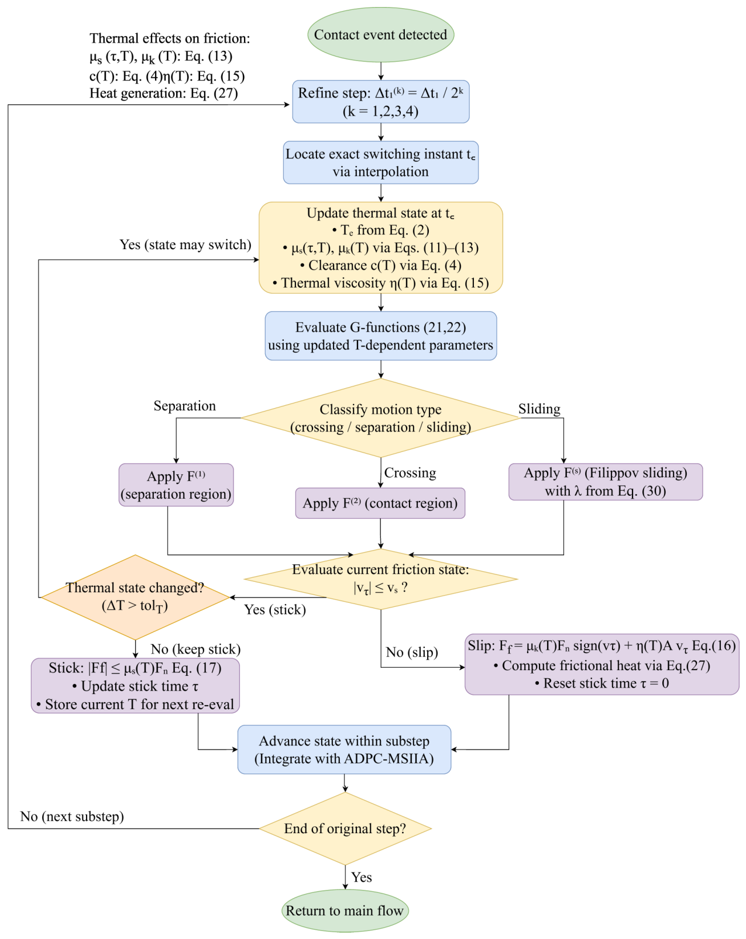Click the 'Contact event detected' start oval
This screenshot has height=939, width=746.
[380, 34]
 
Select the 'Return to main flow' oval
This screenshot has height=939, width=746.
[345, 910]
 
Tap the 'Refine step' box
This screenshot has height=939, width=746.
[381, 102]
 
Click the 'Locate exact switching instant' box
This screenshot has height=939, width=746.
[381, 163]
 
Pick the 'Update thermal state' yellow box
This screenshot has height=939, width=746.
[381, 247]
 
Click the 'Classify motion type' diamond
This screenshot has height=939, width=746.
[381, 418]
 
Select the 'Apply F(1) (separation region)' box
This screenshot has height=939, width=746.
[176, 485]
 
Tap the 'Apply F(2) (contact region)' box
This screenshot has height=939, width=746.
[380, 503]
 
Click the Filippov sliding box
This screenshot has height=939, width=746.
[606, 482]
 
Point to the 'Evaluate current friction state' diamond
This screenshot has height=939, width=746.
[381, 579]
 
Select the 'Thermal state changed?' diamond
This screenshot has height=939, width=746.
[135, 598]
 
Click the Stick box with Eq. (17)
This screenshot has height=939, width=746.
[135, 685]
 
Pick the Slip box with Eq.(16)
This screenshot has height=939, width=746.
[602, 664]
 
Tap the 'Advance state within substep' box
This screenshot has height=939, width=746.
[344, 750]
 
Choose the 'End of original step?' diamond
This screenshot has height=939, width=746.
[345, 828]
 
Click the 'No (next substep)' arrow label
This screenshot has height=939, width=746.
[72, 816]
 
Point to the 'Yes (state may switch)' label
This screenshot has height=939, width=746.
[185, 245]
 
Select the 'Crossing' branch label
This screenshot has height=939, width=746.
[410, 472]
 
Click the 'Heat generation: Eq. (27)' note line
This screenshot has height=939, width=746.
[164, 94]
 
